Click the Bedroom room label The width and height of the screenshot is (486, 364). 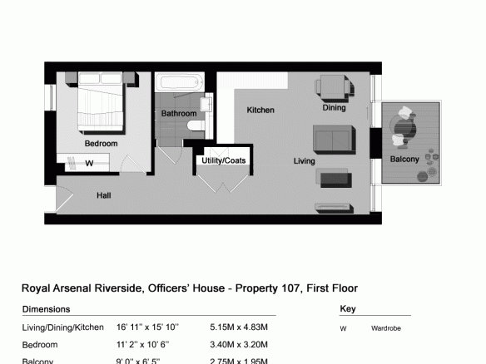(x=101, y=144)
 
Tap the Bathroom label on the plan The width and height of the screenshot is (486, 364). (x=179, y=114)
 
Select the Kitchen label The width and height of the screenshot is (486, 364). (x=260, y=111)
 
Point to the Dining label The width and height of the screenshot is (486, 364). (x=334, y=108)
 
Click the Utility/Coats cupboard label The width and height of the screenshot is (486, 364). (x=224, y=160)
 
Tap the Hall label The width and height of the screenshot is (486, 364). (x=103, y=195)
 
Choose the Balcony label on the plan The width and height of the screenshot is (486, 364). (x=404, y=159)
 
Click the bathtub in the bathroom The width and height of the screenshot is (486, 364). (x=180, y=82)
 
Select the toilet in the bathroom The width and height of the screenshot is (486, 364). (x=196, y=125)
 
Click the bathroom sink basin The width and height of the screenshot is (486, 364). (x=206, y=104)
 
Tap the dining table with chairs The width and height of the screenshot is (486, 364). (x=335, y=87)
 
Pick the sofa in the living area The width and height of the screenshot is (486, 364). (x=335, y=140)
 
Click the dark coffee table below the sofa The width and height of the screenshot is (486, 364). (x=336, y=180)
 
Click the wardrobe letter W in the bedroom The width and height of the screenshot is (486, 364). (x=89, y=163)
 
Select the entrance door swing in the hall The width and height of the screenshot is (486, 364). (x=64, y=199)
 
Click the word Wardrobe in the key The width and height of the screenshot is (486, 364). (x=386, y=328)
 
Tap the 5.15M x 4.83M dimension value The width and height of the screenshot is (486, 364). (x=239, y=327)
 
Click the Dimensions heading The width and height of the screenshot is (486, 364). (x=46, y=309)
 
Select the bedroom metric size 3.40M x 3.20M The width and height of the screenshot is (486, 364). (x=239, y=345)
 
